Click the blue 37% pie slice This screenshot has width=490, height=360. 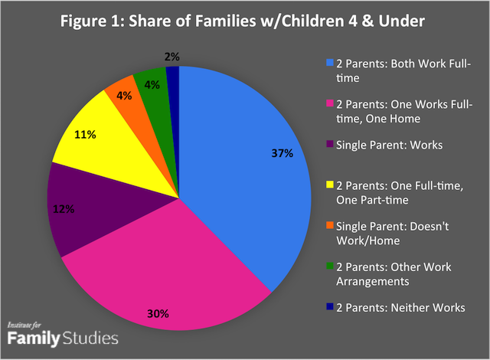click(253, 176)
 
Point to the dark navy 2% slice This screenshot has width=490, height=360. click(173, 74)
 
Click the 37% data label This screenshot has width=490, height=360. click(282, 153)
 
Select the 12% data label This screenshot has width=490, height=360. click(64, 208)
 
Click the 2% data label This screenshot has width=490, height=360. click(173, 55)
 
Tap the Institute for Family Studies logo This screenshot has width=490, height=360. click(62, 332)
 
